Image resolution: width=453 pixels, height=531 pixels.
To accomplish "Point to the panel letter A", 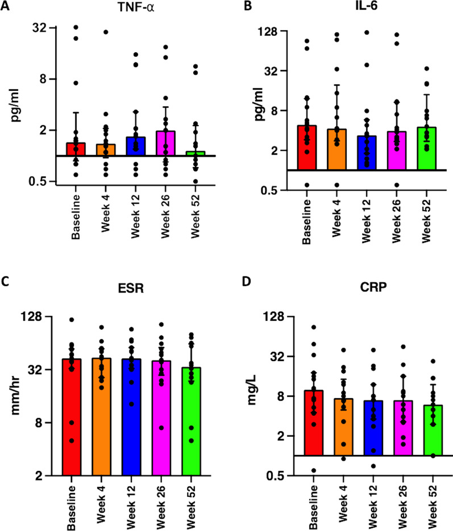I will (5, 6).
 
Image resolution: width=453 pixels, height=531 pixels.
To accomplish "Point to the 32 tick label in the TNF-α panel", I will (39, 27).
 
